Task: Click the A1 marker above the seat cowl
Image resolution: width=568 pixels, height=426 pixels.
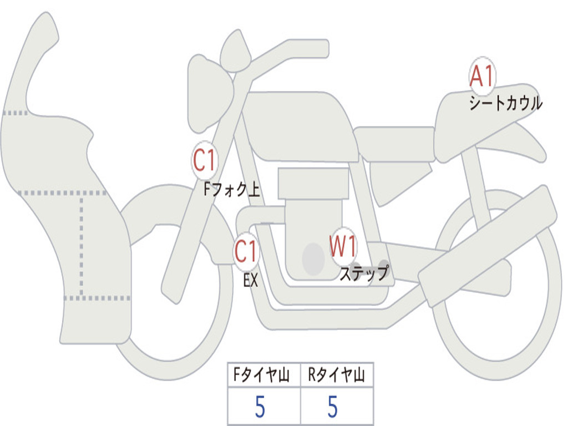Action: (482, 75)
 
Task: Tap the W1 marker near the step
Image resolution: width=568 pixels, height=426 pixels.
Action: (343, 246)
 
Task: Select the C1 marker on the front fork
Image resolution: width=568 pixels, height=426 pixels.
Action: (205, 160)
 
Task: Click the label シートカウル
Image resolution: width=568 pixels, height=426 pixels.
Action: (506, 103)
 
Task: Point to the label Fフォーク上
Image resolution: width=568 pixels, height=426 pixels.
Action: (232, 189)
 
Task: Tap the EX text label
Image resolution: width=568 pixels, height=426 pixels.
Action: (251, 280)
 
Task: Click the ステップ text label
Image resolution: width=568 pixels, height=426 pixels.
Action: (364, 273)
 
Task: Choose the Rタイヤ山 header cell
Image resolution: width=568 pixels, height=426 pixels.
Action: (337, 374)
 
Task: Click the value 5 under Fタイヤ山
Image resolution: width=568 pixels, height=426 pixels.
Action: (260, 407)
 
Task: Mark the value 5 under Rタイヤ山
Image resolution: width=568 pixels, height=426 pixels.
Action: (333, 407)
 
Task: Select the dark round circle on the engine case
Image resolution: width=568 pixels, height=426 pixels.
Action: (313, 259)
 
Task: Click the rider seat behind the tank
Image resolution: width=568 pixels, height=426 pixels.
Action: (395, 144)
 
